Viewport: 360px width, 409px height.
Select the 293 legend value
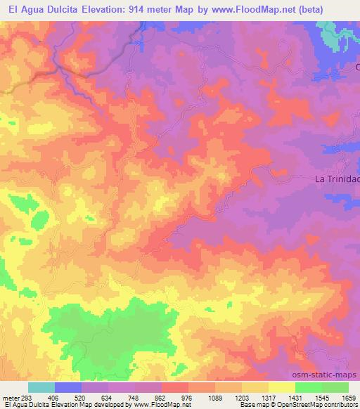(26, 396)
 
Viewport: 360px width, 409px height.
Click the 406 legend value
(55, 396)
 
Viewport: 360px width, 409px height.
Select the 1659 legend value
(348, 396)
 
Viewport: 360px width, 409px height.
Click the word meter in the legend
(10, 396)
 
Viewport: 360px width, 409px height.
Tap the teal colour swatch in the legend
(41, 387)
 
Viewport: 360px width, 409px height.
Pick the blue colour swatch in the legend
(68, 387)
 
